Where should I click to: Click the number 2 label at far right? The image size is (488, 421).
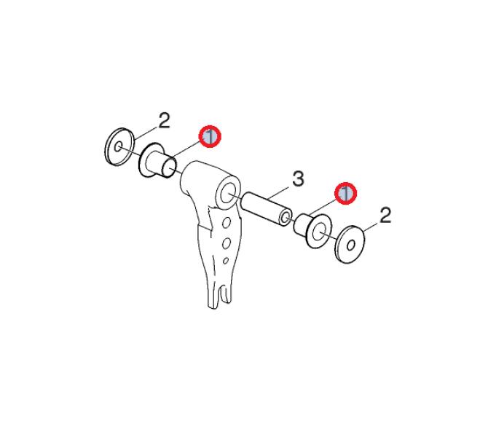click(x=385, y=216)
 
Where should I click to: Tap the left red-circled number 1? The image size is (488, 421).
click(x=210, y=136)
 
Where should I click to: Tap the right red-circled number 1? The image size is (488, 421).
click(x=345, y=193)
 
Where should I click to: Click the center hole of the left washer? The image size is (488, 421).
click(x=118, y=146)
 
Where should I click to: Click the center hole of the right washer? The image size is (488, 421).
click(x=351, y=245)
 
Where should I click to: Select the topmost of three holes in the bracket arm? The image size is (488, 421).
click(x=227, y=224)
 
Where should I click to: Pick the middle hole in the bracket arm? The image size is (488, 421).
click(x=227, y=243)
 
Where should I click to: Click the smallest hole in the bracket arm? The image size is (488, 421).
click(x=226, y=261)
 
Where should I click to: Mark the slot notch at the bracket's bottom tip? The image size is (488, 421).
click(x=221, y=296)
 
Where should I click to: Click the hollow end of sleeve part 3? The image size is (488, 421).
click(x=284, y=218)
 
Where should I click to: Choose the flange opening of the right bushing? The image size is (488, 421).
click(x=318, y=232)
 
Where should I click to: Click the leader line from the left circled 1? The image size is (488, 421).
click(x=186, y=149)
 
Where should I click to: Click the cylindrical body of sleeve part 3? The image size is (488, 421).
click(x=267, y=208)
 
